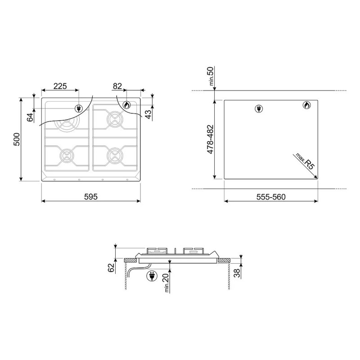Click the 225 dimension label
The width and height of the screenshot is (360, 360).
point(60,86)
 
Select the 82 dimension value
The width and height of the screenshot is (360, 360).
point(117,86)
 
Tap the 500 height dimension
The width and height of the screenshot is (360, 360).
point(17,139)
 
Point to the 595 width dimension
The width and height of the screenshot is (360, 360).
point(91,197)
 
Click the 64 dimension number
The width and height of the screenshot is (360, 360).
point(30,117)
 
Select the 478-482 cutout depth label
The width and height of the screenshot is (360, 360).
point(210,139)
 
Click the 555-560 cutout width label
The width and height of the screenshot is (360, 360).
point(271,197)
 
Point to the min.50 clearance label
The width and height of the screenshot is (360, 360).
point(211,76)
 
